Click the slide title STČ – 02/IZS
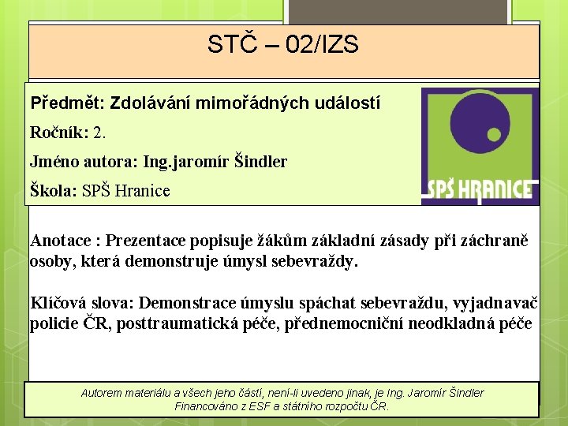[x=283, y=45]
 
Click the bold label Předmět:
[x=67, y=103]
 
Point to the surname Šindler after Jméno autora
[x=261, y=162]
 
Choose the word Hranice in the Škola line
[x=142, y=191]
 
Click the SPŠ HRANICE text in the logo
[x=479, y=189]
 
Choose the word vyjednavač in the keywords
[x=499, y=302]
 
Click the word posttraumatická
[x=177, y=323]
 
